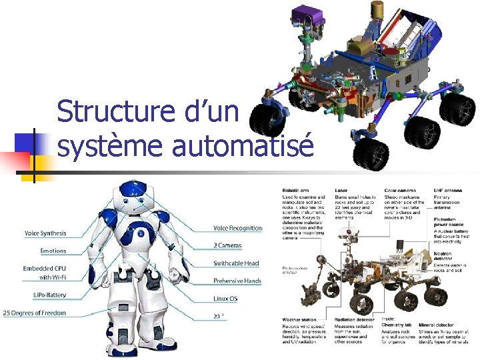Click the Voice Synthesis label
tap(45, 233)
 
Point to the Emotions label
tap(53, 251)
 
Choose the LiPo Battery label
tap(49, 294)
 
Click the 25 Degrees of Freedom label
tap(35, 312)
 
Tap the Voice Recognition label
tap(237, 228)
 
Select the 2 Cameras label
tap(227, 245)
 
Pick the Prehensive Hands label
tap(237, 281)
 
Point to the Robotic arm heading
tap(295, 191)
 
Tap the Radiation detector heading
tap(355, 321)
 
